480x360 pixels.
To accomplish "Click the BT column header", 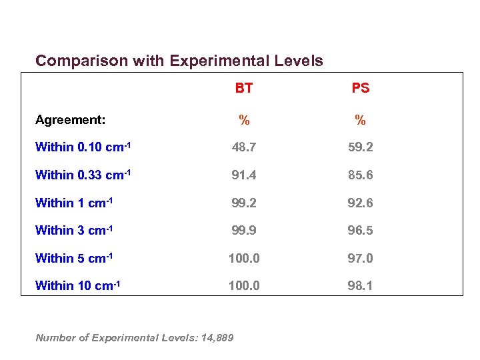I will click(243, 88).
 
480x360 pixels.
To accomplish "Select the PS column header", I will click(360, 88).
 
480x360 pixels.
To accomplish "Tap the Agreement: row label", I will click(70, 120).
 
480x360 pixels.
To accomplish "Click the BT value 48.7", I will click(244, 147).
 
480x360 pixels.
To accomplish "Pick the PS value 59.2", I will click(360, 147).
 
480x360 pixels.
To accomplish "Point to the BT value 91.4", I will click(244, 175).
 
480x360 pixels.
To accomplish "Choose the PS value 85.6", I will click(360, 175).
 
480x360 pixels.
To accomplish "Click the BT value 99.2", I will click(244, 203).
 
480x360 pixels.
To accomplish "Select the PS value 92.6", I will click(360, 203).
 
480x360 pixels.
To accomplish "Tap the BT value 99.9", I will click(244, 231).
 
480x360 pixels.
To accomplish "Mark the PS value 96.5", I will click(360, 231).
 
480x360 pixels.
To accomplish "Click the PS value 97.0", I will click(360, 258).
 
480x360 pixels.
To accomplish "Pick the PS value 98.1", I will click(360, 286).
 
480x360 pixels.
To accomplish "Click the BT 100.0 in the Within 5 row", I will click(244, 258).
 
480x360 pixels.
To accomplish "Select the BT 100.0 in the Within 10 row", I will click(244, 286).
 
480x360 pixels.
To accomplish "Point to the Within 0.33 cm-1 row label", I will click(83, 175).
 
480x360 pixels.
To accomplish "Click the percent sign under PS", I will click(360, 121).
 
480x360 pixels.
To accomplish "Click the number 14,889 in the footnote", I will click(215, 338).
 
